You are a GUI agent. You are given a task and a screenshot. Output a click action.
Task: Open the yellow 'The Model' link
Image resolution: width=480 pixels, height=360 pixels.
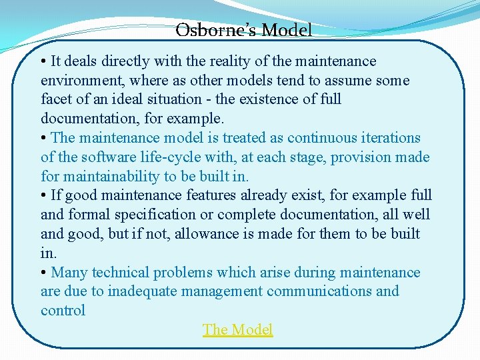pyautogui.click(x=238, y=329)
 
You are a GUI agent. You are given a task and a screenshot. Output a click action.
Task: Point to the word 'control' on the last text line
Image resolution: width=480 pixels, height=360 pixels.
pyautogui.click(x=63, y=311)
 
